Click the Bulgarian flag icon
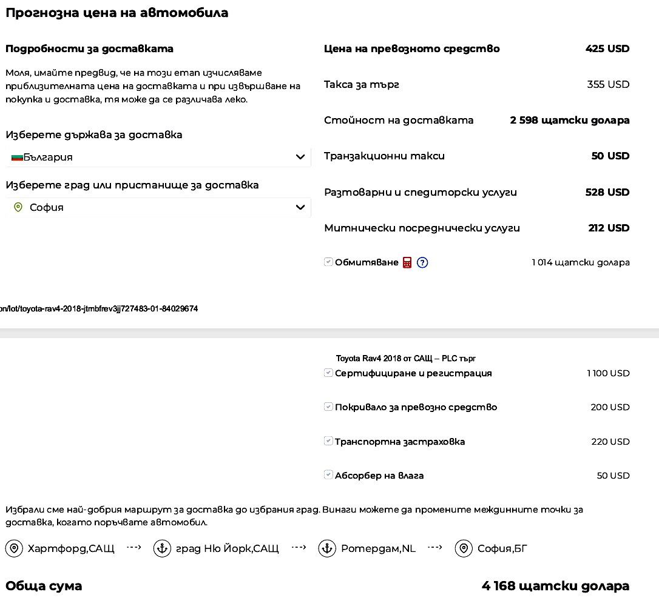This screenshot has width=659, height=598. click(x=17, y=158)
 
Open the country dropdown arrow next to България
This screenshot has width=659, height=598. click(x=300, y=158)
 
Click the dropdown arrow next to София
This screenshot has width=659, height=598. click(x=300, y=207)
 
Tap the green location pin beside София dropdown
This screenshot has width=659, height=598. click(x=18, y=207)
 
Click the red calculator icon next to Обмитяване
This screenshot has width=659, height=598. click(x=407, y=262)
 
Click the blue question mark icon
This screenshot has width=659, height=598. click(x=423, y=262)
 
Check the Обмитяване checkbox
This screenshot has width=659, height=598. click(x=328, y=262)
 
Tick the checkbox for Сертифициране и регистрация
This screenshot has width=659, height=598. click(x=328, y=373)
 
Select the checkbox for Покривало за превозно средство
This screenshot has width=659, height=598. click(x=328, y=407)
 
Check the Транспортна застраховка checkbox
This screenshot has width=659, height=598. click(x=328, y=441)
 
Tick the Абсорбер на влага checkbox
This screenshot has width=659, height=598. click(x=328, y=475)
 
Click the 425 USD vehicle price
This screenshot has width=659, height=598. click(x=607, y=48)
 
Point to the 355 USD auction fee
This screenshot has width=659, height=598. click(x=608, y=84)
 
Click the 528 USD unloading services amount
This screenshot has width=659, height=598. click(x=607, y=192)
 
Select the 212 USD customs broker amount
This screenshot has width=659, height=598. click(x=609, y=228)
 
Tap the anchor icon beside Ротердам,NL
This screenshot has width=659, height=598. click(x=327, y=549)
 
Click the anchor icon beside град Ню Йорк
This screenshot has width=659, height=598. click(x=162, y=549)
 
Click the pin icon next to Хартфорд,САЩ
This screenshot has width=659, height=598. click(x=14, y=549)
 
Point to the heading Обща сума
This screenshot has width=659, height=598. click(x=44, y=586)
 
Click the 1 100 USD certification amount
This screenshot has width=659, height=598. click(x=608, y=373)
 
